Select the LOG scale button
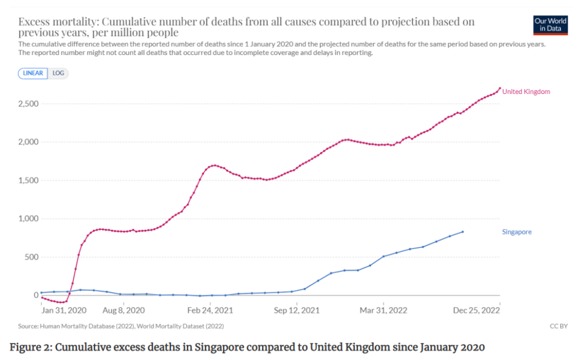click(x=58, y=73)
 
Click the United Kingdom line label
click(x=526, y=92)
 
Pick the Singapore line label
click(x=517, y=232)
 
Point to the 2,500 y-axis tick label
click(x=27, y=104)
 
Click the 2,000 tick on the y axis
click(x=27, y=142)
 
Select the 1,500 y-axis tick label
click(x=27, y=181)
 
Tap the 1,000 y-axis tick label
click(x=27, y=218)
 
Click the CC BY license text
click(x=559, y=326)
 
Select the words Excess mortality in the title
click(x=57, y=22)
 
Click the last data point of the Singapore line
click(x=463, y=232)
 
